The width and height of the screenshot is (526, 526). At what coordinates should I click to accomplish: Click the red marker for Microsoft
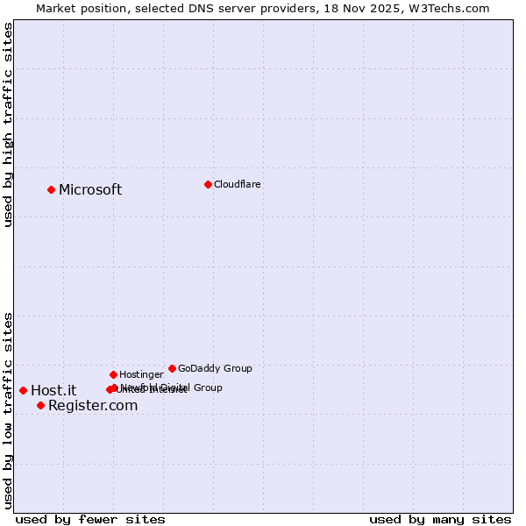pyautogui.click(x=51, y=189)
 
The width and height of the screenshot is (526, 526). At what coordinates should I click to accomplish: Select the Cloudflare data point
pyautogui.click(x=208, y=184)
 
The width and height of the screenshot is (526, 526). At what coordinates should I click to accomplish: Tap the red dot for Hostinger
pyautogui.click(x=113, y=374)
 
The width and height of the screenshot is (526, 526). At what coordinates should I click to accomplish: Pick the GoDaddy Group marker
pyautogui.click(x=172, y=368)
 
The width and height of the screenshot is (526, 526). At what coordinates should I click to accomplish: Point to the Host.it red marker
pyautogui.click(x=23, y=390)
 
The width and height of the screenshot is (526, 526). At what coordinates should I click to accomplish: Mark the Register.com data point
pyautogui.click(x=40, y=405)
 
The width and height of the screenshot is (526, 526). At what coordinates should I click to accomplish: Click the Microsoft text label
pyautogui.click(x=90, y=190)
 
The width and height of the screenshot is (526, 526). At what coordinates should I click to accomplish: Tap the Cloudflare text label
pyautogui.click(x=238, y=184)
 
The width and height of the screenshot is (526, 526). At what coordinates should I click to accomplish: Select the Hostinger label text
pyautogui.click(x=141, y=374)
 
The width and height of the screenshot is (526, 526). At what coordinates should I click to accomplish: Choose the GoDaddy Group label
pyautogui.click(x=215, y=368)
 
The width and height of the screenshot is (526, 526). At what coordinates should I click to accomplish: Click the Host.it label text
pyautogui.click(x=53, y=391)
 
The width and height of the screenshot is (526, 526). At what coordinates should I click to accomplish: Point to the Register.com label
pyautogui.click(x=93, y=405)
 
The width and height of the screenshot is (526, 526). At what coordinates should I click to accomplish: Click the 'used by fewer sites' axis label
pyautogui.click(x=90, y=520)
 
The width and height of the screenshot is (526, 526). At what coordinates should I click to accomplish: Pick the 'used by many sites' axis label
pyautogui.click(x=440, y=520)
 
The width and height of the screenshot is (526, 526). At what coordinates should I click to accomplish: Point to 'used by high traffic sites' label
pyautogui.click(x=9, y=124)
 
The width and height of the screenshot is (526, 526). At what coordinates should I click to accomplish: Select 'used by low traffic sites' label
pyautogui.click(x=9, y=409)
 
